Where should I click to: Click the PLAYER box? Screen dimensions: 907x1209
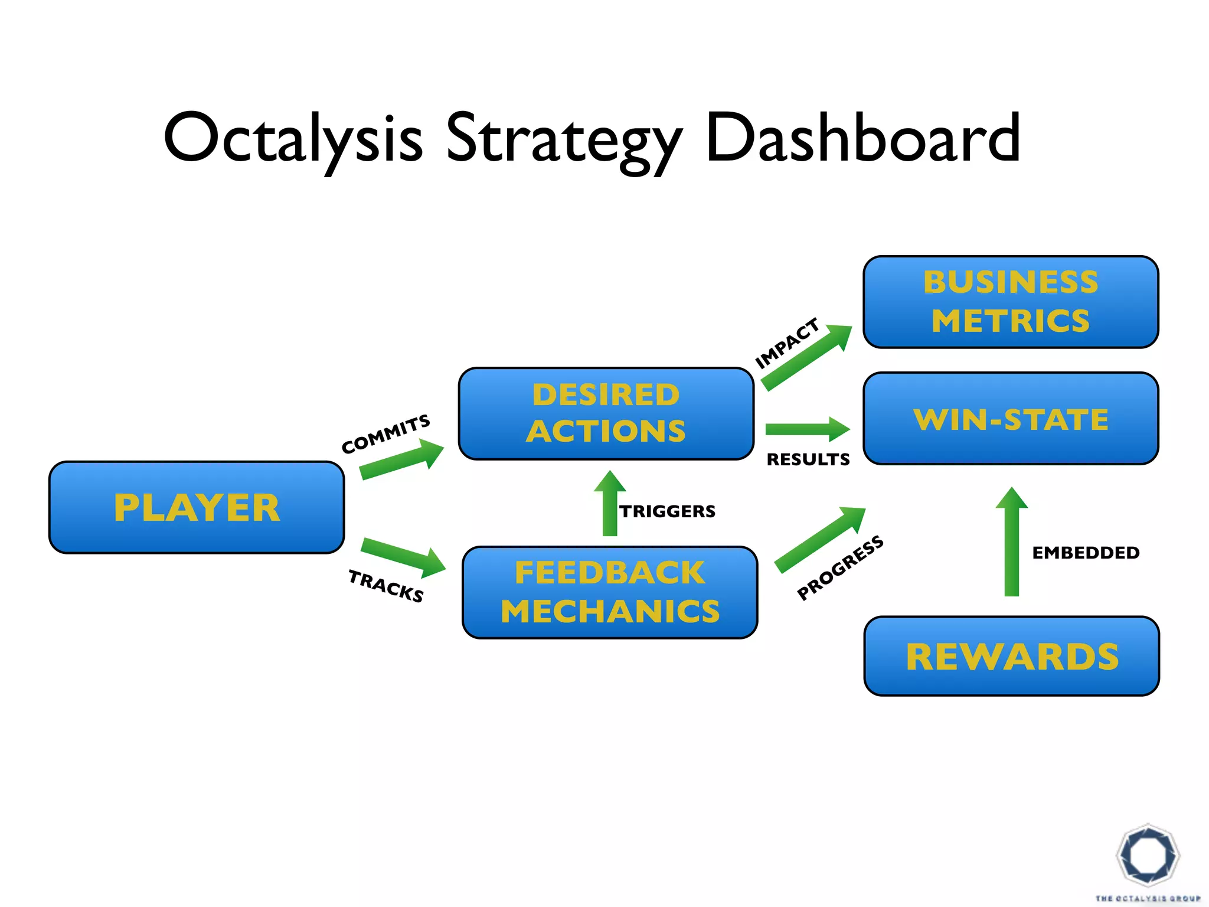[197, 507]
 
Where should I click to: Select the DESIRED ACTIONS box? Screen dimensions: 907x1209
[606, 413]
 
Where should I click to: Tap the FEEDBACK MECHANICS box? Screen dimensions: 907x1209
[610, 592]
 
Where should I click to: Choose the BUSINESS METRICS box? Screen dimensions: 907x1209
[1011, 302]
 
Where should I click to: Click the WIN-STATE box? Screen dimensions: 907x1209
[1011, 419]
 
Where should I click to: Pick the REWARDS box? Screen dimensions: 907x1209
[1011, 656]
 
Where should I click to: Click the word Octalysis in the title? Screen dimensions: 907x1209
[293, 138]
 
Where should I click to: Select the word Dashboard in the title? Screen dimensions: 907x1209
[862, 138]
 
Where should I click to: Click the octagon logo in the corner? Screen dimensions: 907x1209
[1148, 856]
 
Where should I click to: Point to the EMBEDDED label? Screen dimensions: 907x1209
[1086, 553]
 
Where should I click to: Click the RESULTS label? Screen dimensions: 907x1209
[808, 459]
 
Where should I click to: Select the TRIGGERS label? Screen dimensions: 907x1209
[667, 511]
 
